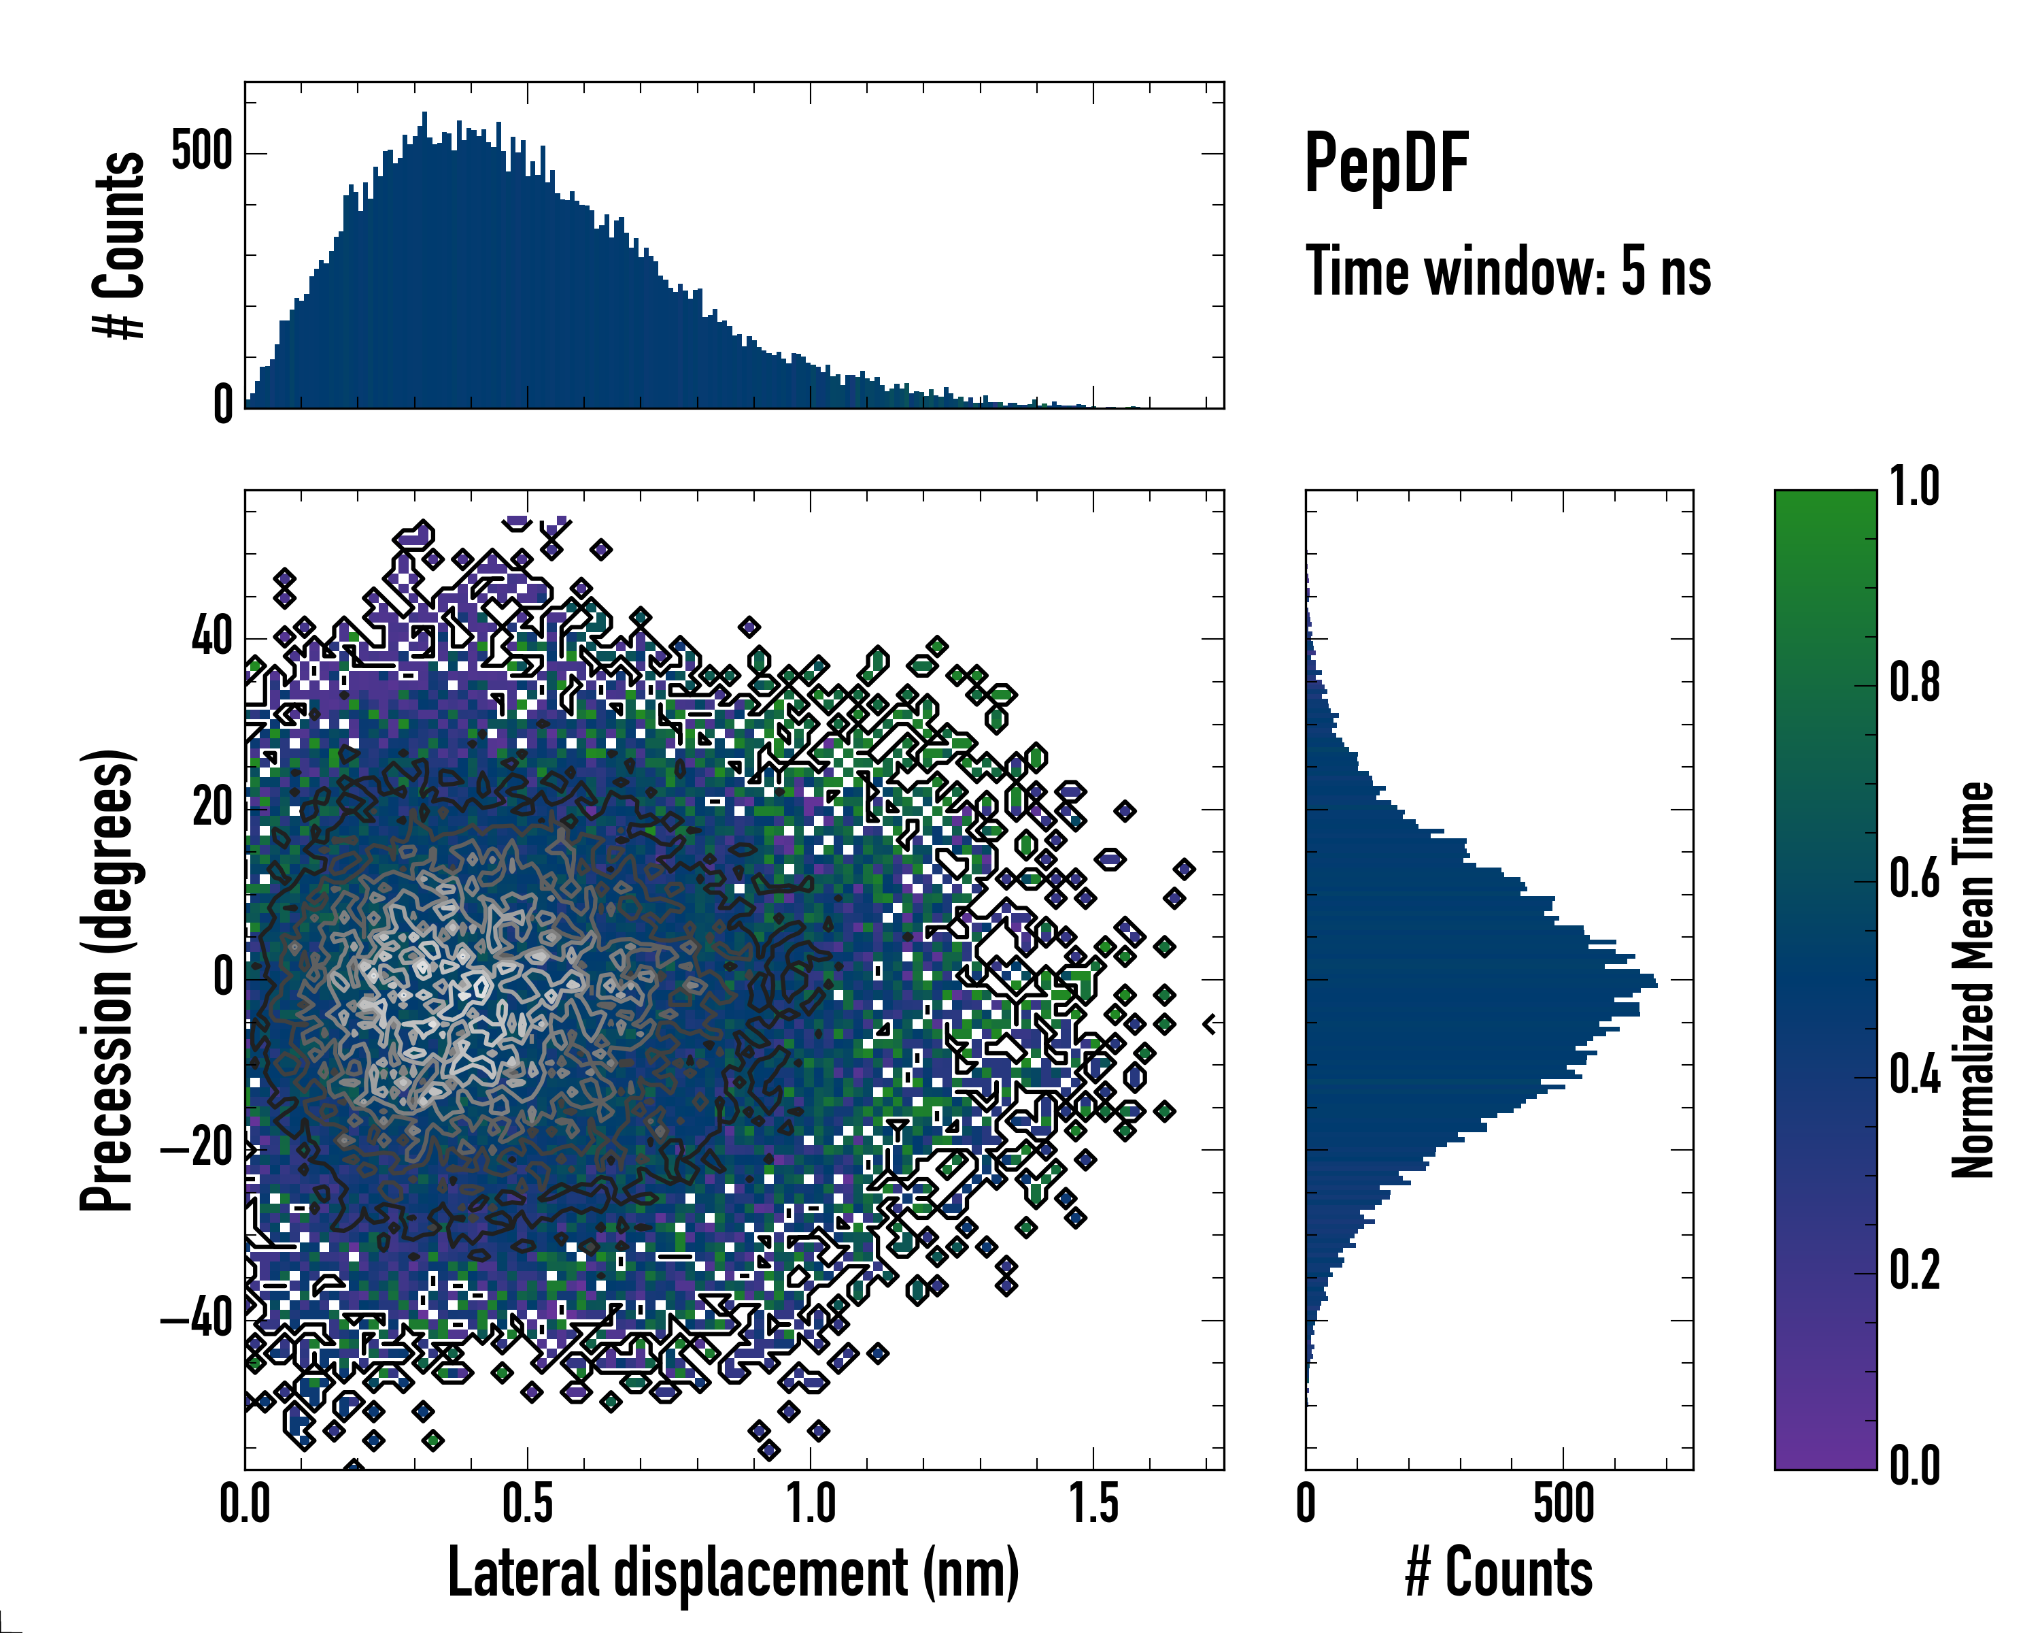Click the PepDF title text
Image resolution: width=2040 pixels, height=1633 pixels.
(1386, 163)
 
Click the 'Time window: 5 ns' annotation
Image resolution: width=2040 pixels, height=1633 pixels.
(1508, 271)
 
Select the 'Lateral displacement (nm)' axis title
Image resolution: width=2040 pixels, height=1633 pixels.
(733, 1572)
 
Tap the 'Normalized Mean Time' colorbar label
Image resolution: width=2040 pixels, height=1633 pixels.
(1973, 980)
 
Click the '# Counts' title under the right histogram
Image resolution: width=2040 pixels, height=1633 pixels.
(1499, 1572)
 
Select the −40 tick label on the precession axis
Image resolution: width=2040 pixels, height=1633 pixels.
(197, 1318)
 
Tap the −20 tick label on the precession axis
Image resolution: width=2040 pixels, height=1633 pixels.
(197, 1149)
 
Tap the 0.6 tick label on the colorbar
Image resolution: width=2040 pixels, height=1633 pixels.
(1914, 878)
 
